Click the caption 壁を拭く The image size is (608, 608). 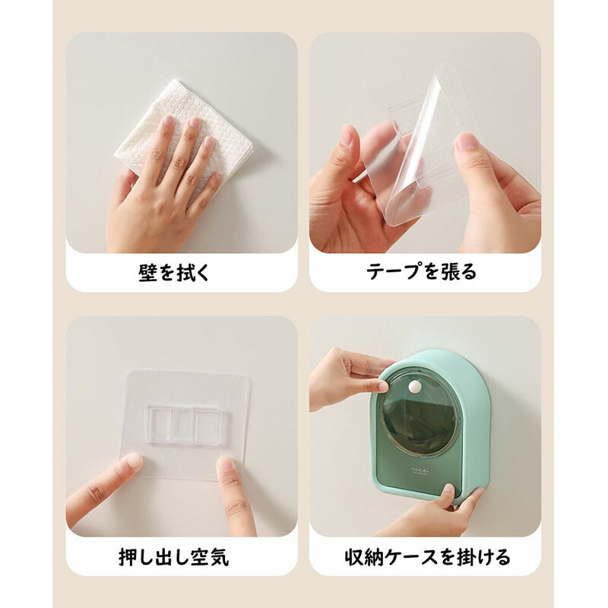(174, 272)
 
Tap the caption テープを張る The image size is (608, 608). (421, 271)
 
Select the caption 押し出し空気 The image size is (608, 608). (174, 557)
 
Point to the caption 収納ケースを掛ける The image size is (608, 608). (427, 557)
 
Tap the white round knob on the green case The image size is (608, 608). (415, 386)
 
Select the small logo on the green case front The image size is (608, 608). (420, 470)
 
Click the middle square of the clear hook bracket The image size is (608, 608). (182, 425)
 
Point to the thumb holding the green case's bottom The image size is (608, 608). (449, 493)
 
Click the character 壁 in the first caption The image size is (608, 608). (147, 272)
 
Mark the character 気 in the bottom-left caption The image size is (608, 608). (220, 557)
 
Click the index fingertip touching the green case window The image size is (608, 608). (382, 386)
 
